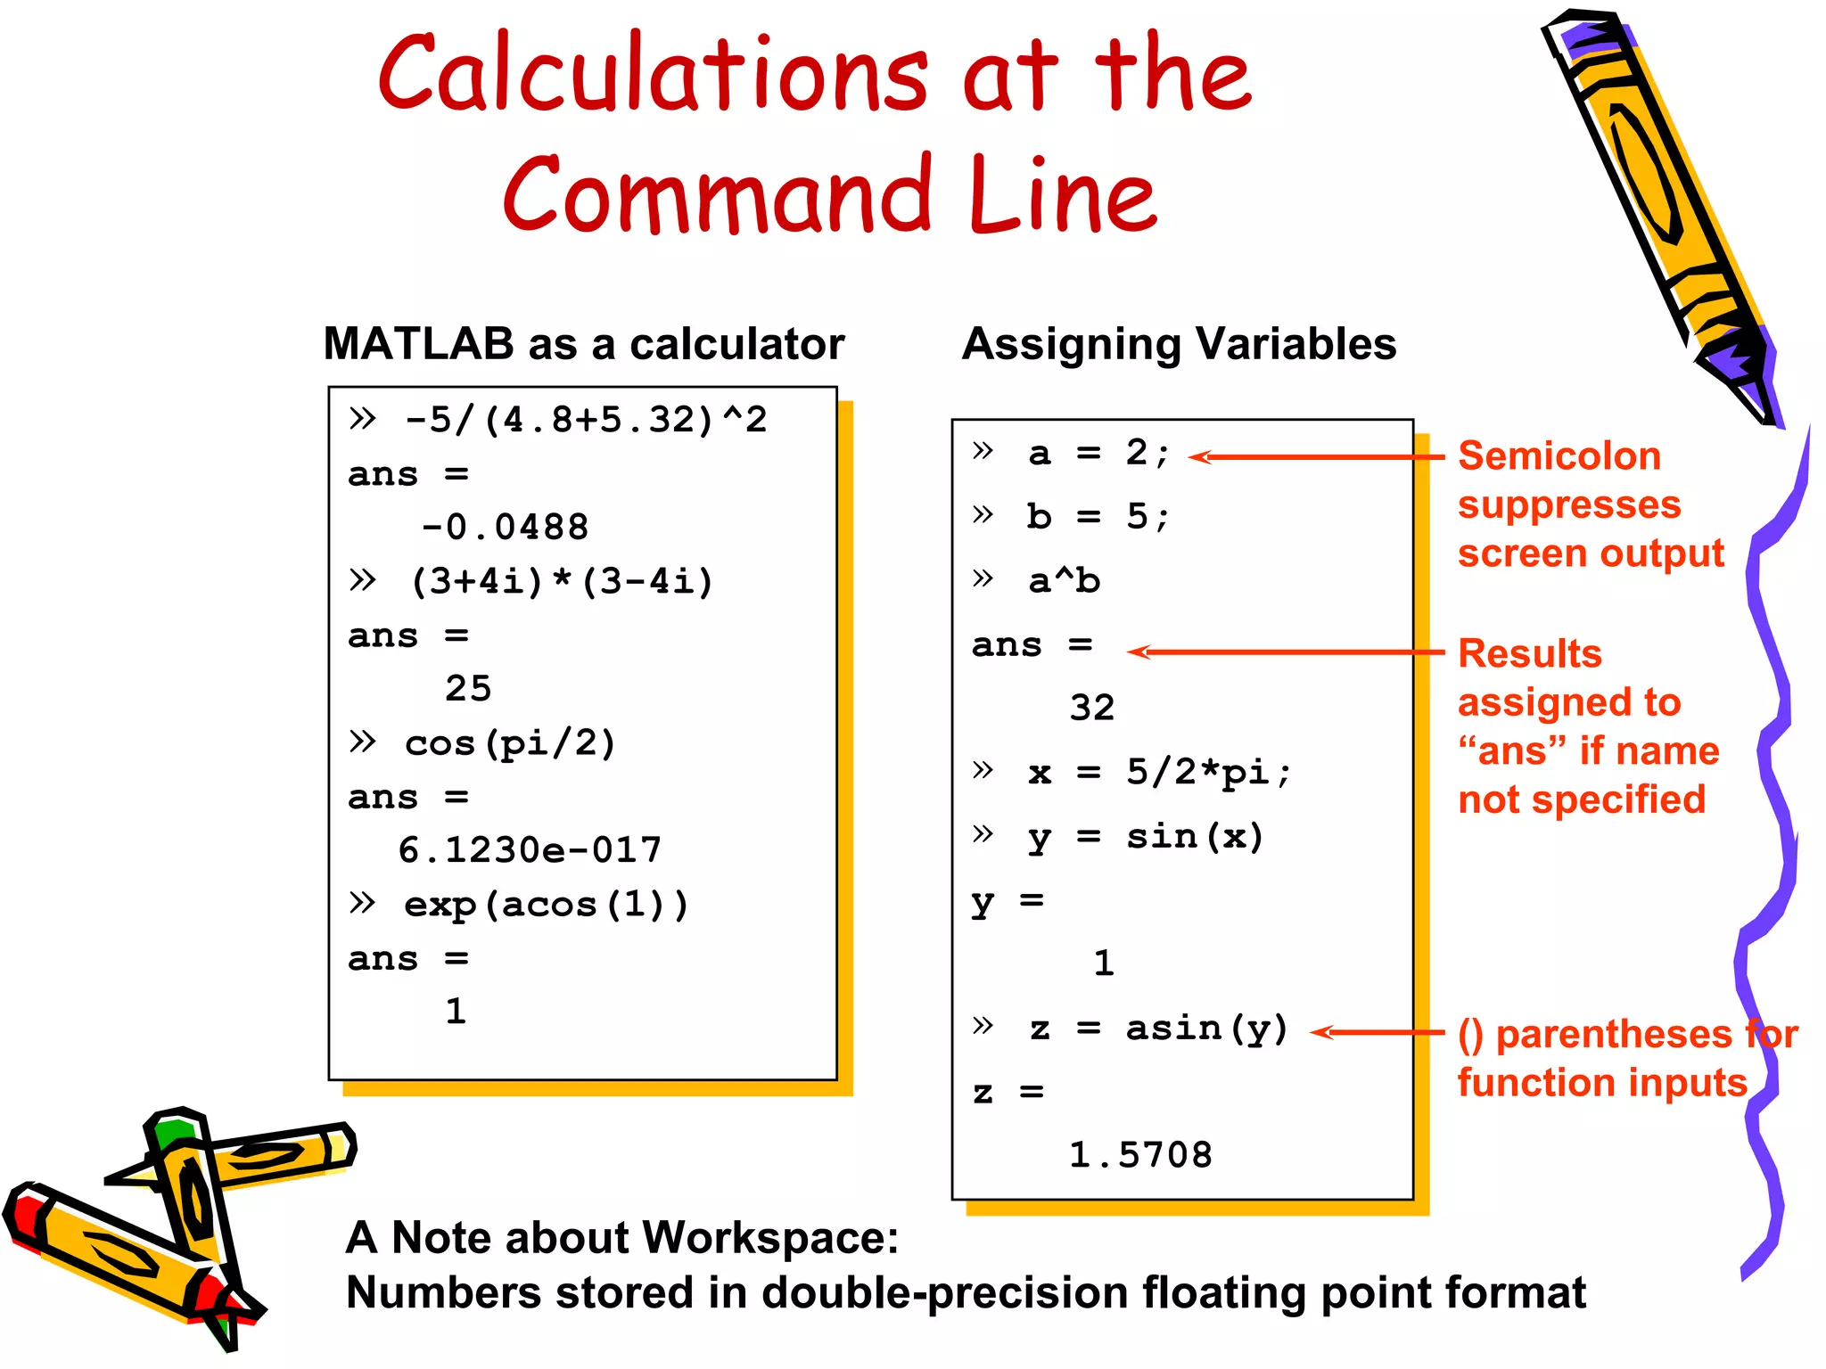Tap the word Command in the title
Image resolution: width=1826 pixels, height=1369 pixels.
(719, 194)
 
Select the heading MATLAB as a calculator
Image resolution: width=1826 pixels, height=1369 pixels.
(584, 344)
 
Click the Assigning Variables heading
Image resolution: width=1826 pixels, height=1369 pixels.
(1179, 344)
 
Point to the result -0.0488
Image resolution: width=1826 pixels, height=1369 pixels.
(505, 528)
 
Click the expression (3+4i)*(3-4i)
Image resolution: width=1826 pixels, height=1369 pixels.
(562, 582)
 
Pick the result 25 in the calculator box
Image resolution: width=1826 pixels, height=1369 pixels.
(468, 689)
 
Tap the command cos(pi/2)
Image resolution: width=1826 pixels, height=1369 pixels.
(510, 743)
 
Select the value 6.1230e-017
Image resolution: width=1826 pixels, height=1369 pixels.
(530, 850)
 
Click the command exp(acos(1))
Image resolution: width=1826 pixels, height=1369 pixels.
(546, 906)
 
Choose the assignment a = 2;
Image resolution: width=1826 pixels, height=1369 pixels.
(1098, 454)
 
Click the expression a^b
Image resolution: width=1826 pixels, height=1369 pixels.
(1064, 581)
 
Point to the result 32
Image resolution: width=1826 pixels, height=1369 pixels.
(1092, 708)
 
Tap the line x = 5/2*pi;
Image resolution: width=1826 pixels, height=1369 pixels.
(1158, 772)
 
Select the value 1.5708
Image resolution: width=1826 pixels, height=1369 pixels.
(1140, 1155)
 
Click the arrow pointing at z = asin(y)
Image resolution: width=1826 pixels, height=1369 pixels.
(1378, 1032)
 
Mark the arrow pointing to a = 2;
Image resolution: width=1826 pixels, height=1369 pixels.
(1316, 456)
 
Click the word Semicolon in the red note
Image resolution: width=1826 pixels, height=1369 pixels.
(1559, 456)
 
